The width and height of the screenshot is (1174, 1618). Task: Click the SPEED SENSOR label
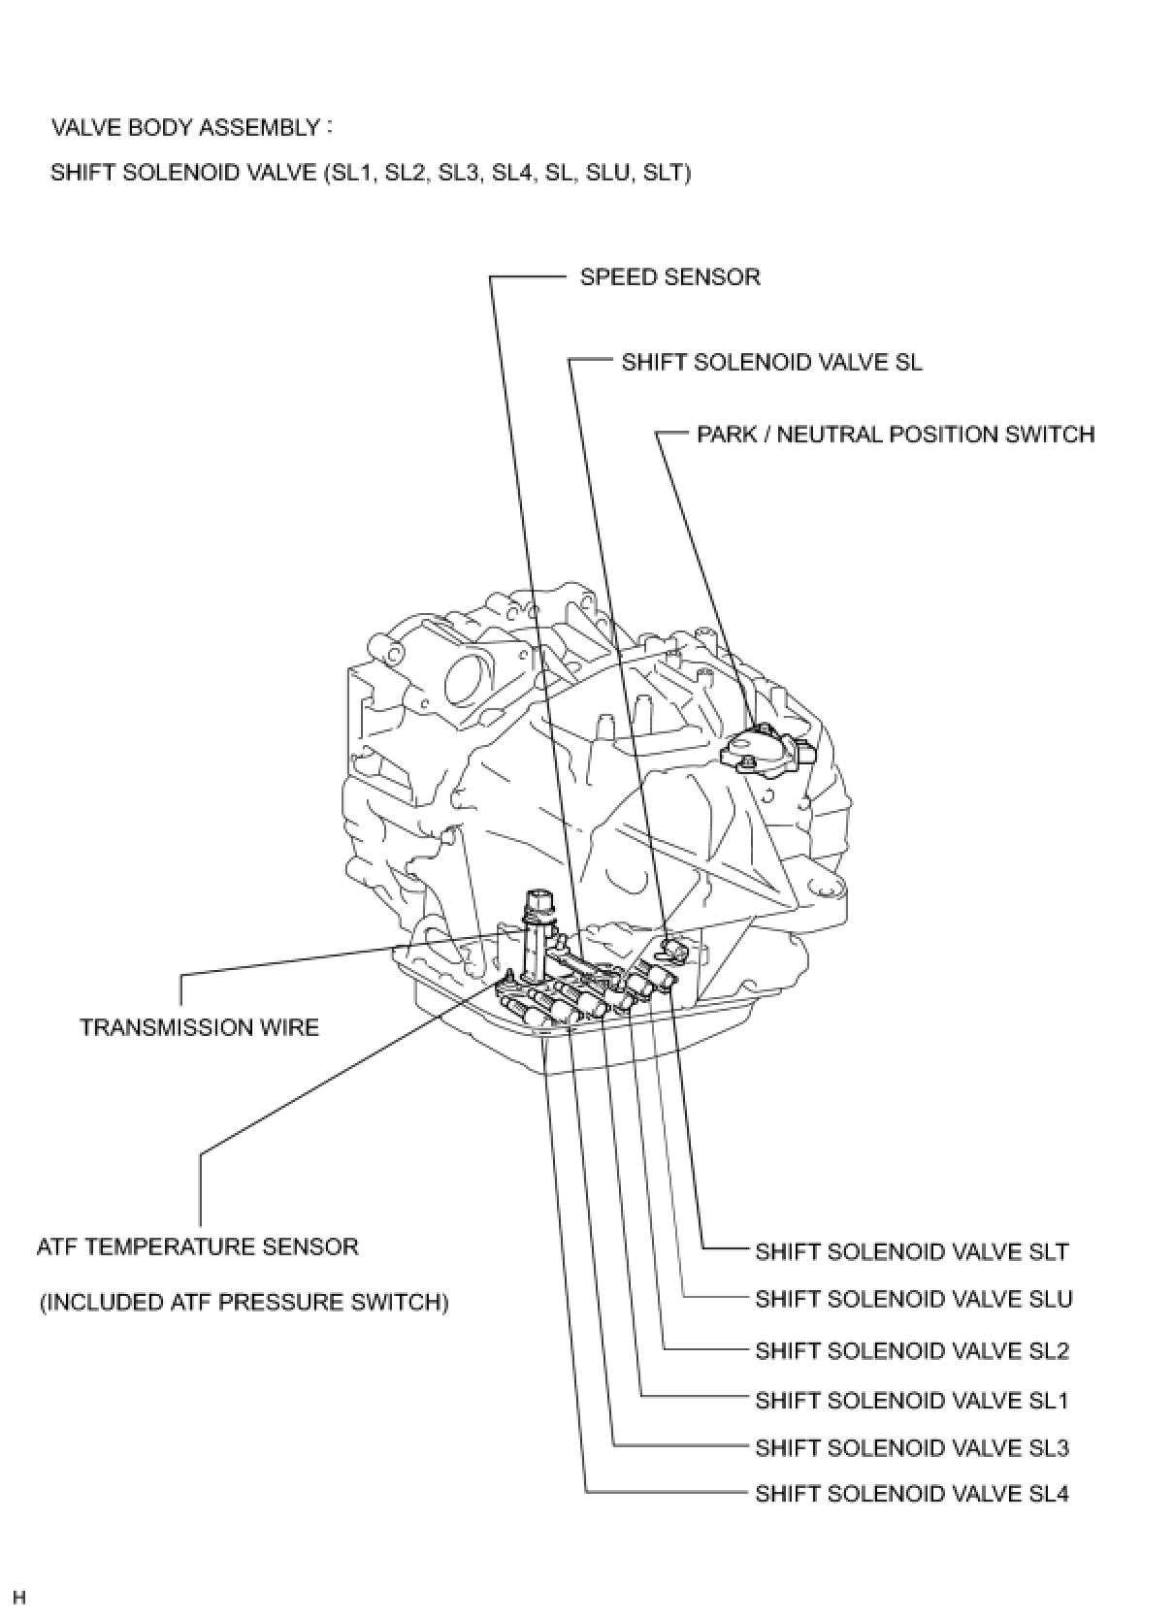coord(669,277)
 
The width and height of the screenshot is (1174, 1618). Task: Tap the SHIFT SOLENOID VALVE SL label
coord(771,363)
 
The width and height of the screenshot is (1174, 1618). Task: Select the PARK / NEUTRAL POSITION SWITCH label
coord(895,435)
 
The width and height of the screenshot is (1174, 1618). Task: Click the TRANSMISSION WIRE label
coord(199,1027)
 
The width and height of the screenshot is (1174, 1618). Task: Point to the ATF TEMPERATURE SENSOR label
coord(198,1246)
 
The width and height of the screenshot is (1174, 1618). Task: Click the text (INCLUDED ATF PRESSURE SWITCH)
coord(244,1302)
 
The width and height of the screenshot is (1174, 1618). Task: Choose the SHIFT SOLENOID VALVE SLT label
coord(911,1251)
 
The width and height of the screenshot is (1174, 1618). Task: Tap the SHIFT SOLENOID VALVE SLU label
coord(913,1299)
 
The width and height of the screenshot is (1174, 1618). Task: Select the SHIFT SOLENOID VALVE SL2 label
coord(911,1350)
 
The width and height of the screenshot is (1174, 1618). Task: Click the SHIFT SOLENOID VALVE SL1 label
coord(911,1401)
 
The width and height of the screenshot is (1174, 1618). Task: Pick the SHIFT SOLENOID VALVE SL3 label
coord(911,1448)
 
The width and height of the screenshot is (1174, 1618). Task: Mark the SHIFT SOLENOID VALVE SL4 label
coord(911,1494)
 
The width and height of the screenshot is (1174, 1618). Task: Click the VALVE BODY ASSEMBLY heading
coord(184,127)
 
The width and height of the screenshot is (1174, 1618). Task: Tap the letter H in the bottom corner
coord(18,1597)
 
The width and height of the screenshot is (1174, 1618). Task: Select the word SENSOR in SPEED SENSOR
coord(716,277)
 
